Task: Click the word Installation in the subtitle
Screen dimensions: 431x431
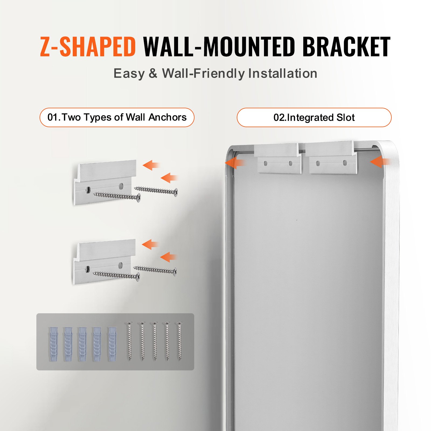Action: pos(283,73)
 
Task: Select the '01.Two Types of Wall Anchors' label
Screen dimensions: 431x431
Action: pos(117,117)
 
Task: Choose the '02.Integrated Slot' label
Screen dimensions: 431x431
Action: pos(314,117)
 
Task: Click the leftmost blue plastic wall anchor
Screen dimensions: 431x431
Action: pos(53,344)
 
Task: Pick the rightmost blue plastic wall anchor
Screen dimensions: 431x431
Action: pos(112,344)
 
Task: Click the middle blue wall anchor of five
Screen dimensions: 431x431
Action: pos(82,344)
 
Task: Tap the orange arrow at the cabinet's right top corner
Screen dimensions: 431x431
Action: pos(380,162)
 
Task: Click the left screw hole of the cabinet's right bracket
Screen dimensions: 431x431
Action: pos(318,163)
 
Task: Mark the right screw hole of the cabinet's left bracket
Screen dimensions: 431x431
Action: pos(291,163)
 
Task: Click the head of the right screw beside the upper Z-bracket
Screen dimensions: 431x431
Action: pos(176,192)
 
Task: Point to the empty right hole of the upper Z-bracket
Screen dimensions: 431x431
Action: pos(121,186)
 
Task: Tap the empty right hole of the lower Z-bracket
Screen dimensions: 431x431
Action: pos(121,265)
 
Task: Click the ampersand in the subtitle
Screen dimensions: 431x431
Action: pos(153,73)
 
